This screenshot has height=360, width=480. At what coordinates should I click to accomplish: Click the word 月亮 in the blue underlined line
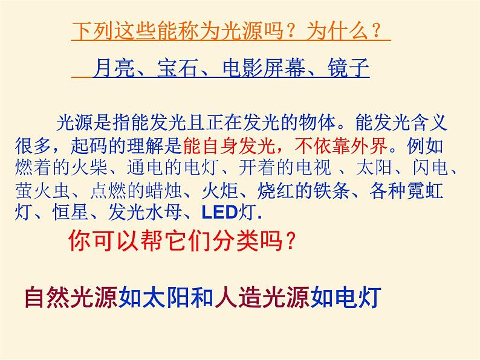114,68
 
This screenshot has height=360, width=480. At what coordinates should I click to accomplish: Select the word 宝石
178,68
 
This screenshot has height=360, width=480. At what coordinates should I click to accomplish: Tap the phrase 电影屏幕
264,68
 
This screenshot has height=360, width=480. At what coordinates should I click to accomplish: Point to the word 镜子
348,68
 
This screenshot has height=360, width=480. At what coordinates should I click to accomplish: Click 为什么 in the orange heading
337,31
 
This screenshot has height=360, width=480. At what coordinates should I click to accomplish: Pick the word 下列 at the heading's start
93,31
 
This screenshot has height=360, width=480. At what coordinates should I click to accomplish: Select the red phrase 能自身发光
229,146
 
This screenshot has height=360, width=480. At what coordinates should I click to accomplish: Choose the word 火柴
89,167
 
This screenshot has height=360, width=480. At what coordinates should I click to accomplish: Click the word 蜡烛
164,191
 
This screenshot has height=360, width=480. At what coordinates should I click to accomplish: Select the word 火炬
220,191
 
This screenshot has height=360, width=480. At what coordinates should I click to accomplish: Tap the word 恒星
71,212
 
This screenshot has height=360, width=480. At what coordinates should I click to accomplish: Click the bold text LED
220,213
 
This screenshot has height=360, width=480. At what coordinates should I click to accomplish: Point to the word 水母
164,212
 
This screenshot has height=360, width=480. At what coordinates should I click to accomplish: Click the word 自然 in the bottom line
47,297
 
